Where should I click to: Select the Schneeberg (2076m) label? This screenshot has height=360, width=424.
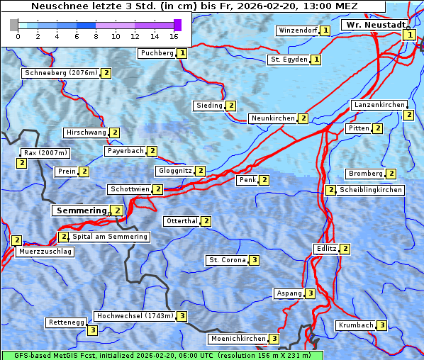(x=60, y=73)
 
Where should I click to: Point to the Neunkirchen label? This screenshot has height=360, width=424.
(x=272, y=118)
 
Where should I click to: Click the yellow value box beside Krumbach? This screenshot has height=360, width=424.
(x=382, y=325)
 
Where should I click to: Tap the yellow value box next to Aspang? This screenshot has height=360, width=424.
(x=310, y=293)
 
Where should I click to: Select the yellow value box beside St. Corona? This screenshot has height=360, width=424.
(x=254, y=260)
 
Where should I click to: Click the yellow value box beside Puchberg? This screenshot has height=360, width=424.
(x=182, y=53)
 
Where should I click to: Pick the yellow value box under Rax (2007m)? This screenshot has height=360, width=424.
(x=22, y=163)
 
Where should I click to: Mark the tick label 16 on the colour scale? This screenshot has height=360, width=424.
(x=174, y=36)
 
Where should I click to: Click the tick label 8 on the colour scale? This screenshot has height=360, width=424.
(x=96, y=36)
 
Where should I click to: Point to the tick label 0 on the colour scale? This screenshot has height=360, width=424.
(x=18, y=36)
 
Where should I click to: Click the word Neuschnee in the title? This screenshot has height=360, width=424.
(x=55, y=6)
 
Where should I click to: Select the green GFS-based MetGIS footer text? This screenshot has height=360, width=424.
(x=162, y=355)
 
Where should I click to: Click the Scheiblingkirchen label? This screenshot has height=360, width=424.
(x=371, y=190)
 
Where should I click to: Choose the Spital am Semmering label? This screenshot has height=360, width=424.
(x=110, y=237)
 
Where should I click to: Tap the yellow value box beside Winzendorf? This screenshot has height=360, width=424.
(x=325, y=30)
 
